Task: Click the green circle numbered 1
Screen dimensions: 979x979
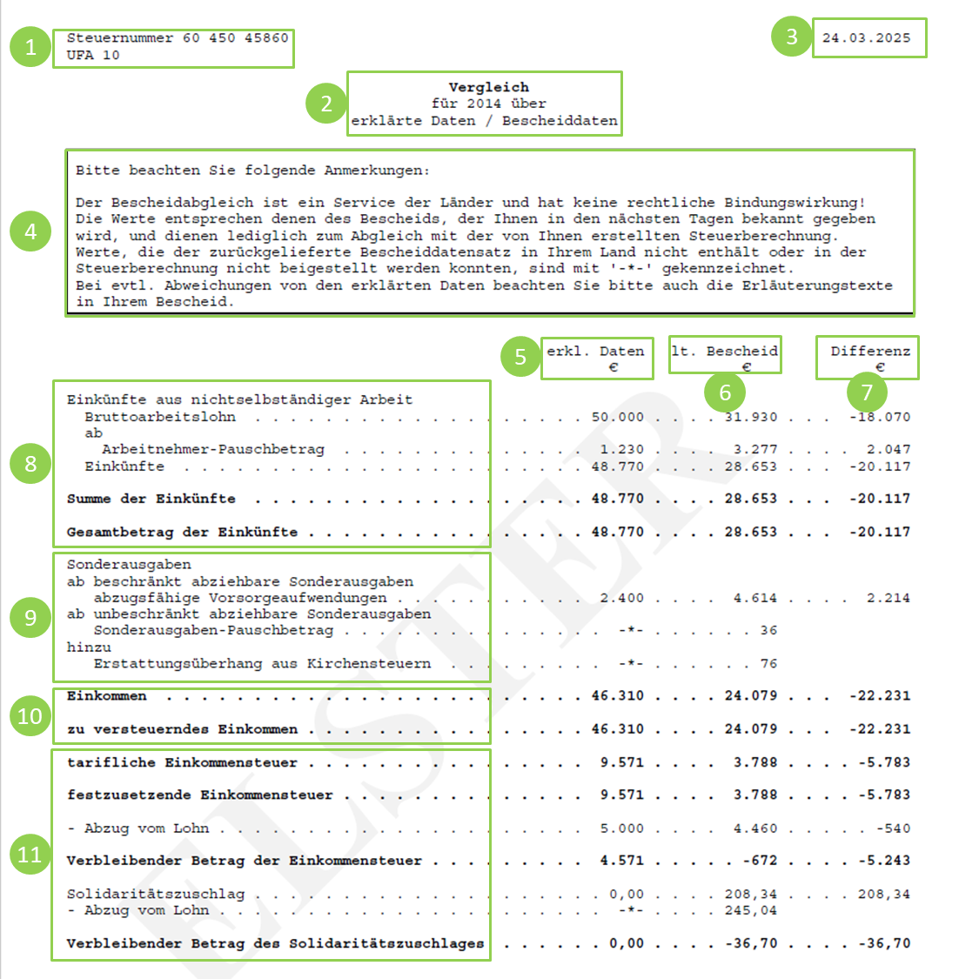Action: [30, 46]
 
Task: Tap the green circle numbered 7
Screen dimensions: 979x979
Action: [867, 392]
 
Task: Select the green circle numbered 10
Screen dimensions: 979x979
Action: [30, 716]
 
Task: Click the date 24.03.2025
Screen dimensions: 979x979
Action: [866, 38]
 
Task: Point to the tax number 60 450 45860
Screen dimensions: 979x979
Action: [235, 38]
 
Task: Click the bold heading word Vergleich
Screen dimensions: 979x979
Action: [488, 87]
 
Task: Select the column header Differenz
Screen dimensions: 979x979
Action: [870, 352]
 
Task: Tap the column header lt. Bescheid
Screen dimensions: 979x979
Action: [725, 352]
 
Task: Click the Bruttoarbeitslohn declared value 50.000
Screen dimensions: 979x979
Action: [618, 417]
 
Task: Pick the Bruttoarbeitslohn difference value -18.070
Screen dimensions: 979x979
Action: [880, 417]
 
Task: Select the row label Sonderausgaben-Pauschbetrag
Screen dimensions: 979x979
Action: [213, 630]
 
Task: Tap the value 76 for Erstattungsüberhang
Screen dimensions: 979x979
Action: [768, 663]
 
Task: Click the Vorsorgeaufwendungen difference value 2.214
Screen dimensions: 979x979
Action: [888, 598]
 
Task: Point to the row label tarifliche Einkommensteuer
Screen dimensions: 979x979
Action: [182, 762]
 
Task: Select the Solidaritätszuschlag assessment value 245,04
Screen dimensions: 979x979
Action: [751, 910]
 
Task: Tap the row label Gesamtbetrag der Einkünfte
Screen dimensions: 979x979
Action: [182, 532]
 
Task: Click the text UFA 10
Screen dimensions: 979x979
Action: [93, 55]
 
